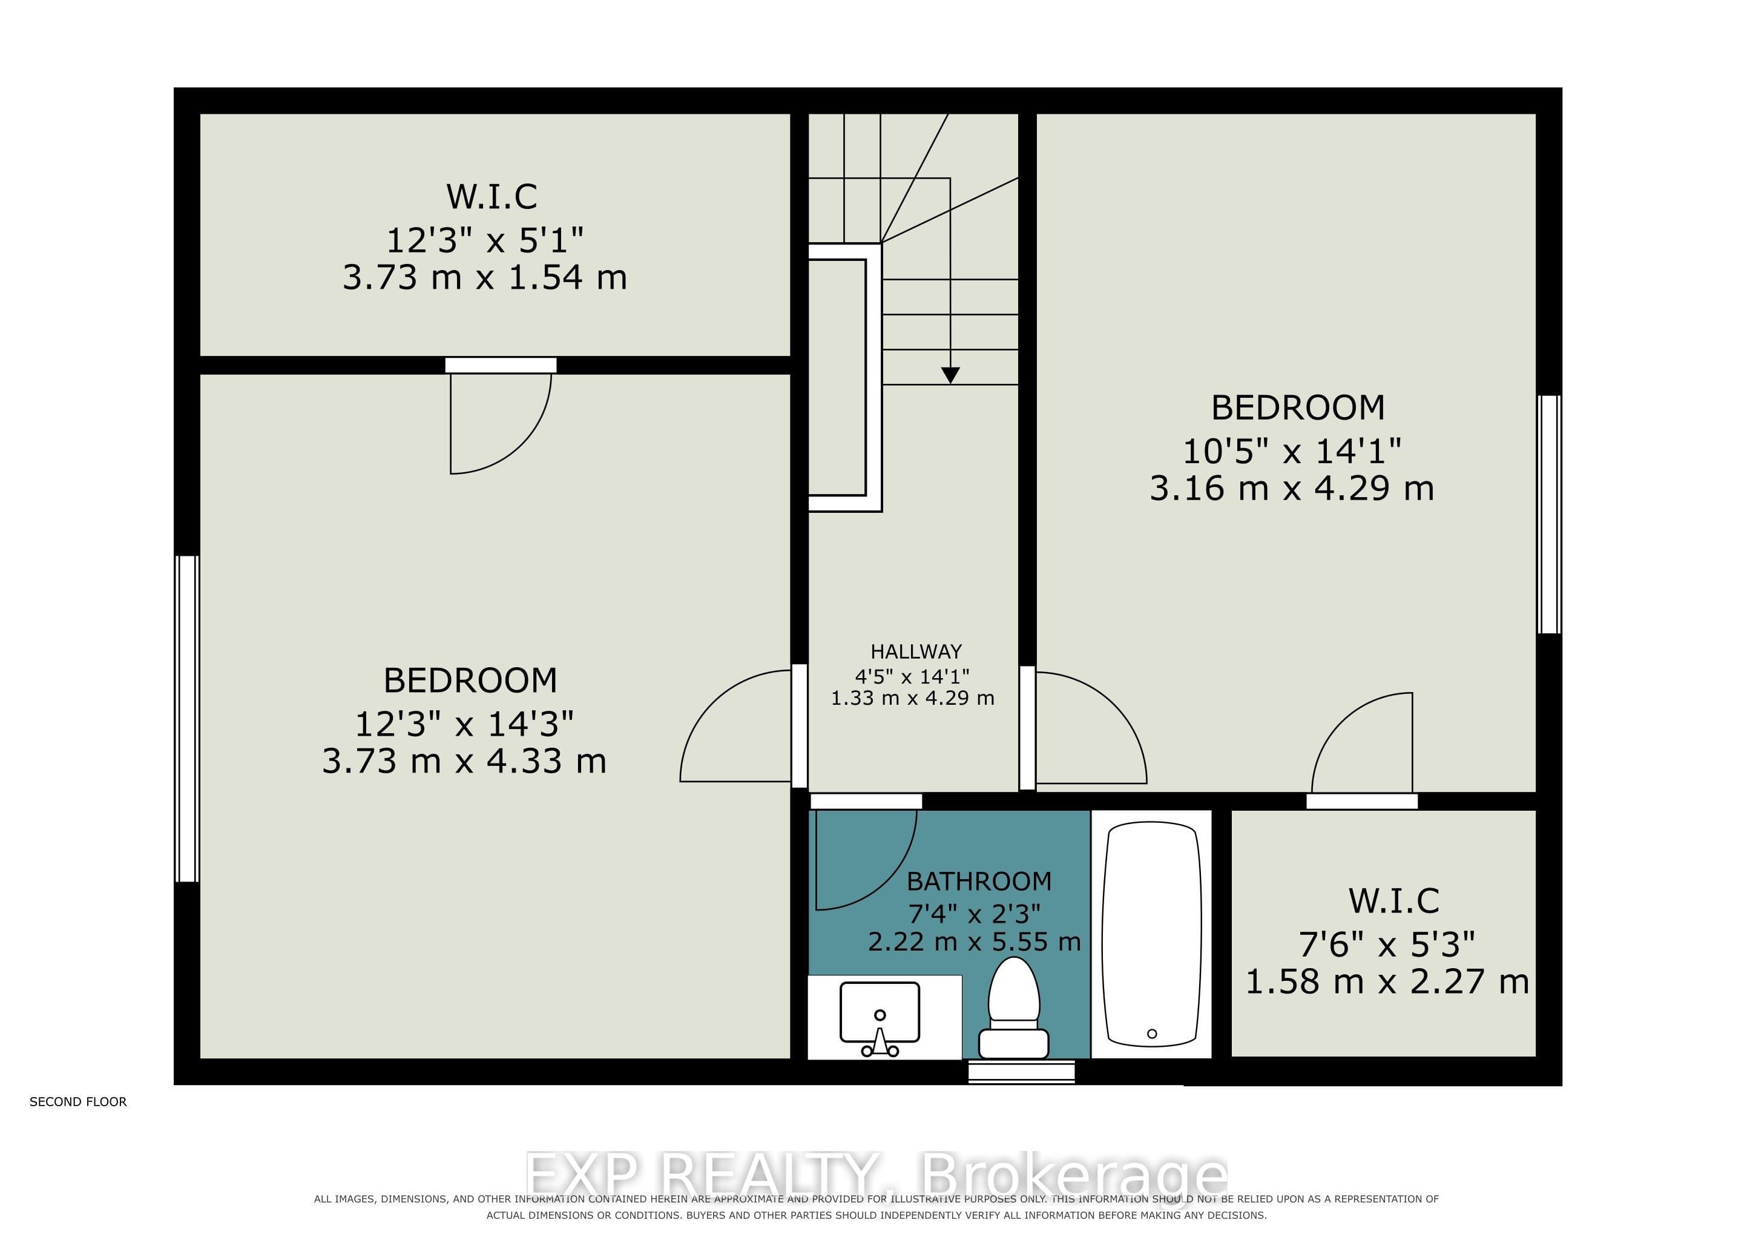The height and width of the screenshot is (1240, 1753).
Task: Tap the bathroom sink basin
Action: [880, 1012]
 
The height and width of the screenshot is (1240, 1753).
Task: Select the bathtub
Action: [1151, 934]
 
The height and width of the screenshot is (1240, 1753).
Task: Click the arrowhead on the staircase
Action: [950, 375]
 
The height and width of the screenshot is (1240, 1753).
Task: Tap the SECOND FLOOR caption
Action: [78, 1102]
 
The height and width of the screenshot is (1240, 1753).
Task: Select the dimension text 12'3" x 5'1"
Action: [485, 240]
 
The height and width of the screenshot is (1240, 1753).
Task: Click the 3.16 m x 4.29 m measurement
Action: [1292, 488]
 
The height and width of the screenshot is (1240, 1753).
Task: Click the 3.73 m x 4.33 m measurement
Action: [464, 761]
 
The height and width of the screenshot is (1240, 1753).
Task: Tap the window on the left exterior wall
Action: [187, 719]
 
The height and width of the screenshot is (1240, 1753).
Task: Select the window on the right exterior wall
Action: [1548, 514]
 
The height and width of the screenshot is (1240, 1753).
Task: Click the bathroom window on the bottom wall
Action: [1022, 1072]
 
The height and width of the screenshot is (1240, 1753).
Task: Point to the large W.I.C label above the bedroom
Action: [492, 196]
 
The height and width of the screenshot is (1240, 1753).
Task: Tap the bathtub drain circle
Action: [1152, 1033]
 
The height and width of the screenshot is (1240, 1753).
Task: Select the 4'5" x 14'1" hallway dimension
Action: [912, 676]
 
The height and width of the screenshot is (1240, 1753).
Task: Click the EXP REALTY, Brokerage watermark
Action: [876, 1175]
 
